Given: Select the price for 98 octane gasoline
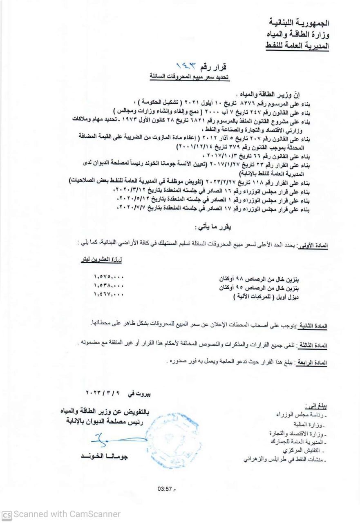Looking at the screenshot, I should click(108, 277).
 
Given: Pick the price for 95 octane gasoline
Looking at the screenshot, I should click(108, 286).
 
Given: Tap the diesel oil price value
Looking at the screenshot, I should click(108, 294).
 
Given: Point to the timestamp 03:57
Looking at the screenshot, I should click(166, 488).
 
